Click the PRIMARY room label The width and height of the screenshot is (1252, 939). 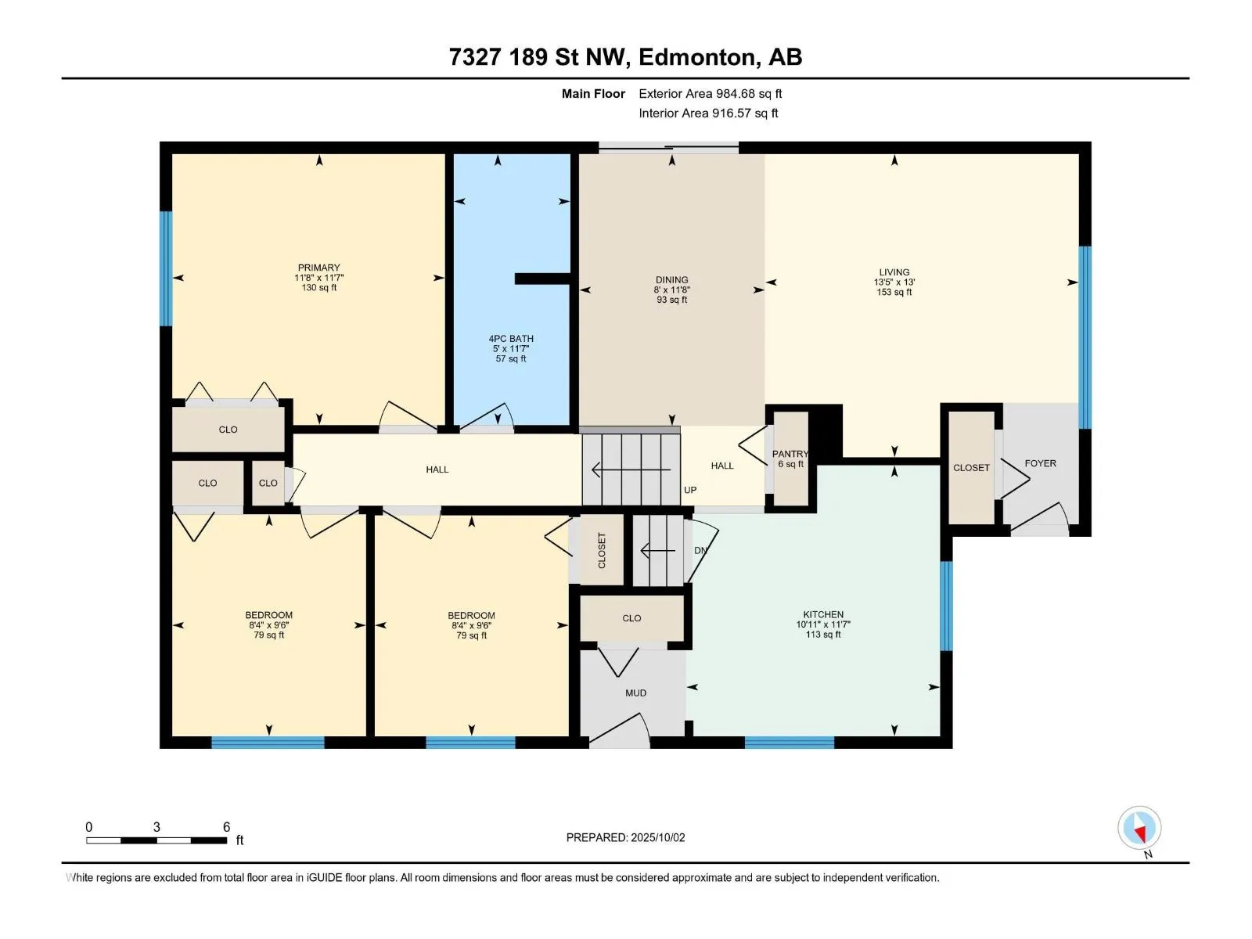[318, 268]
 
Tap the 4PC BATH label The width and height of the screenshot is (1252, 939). [511, 339]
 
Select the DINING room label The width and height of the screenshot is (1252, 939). [672, 280]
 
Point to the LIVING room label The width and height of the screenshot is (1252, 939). [894, 272]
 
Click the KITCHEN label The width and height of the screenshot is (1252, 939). [823, 614]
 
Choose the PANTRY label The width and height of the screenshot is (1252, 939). [790, 454]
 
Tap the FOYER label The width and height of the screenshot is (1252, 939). [1041, 463]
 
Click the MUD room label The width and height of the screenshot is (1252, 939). [636, 693]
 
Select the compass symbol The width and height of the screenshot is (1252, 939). [1139, 827]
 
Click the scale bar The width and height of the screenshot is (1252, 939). [156, 840]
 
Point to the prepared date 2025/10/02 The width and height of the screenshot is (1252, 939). [657, 837]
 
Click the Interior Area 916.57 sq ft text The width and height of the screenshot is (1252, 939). [708, 113]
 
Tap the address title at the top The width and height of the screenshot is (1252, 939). [626, 57]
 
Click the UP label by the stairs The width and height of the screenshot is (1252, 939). [690, 490]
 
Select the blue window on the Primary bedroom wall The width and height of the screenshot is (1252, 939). [166, 268]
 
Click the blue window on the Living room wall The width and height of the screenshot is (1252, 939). [1085, 337]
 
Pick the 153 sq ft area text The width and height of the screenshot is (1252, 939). [894, 292]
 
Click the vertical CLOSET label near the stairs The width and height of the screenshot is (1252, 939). [602, 551]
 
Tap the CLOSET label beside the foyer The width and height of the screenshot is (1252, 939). [971, 468]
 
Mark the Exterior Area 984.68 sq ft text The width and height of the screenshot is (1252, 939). [711, 93]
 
